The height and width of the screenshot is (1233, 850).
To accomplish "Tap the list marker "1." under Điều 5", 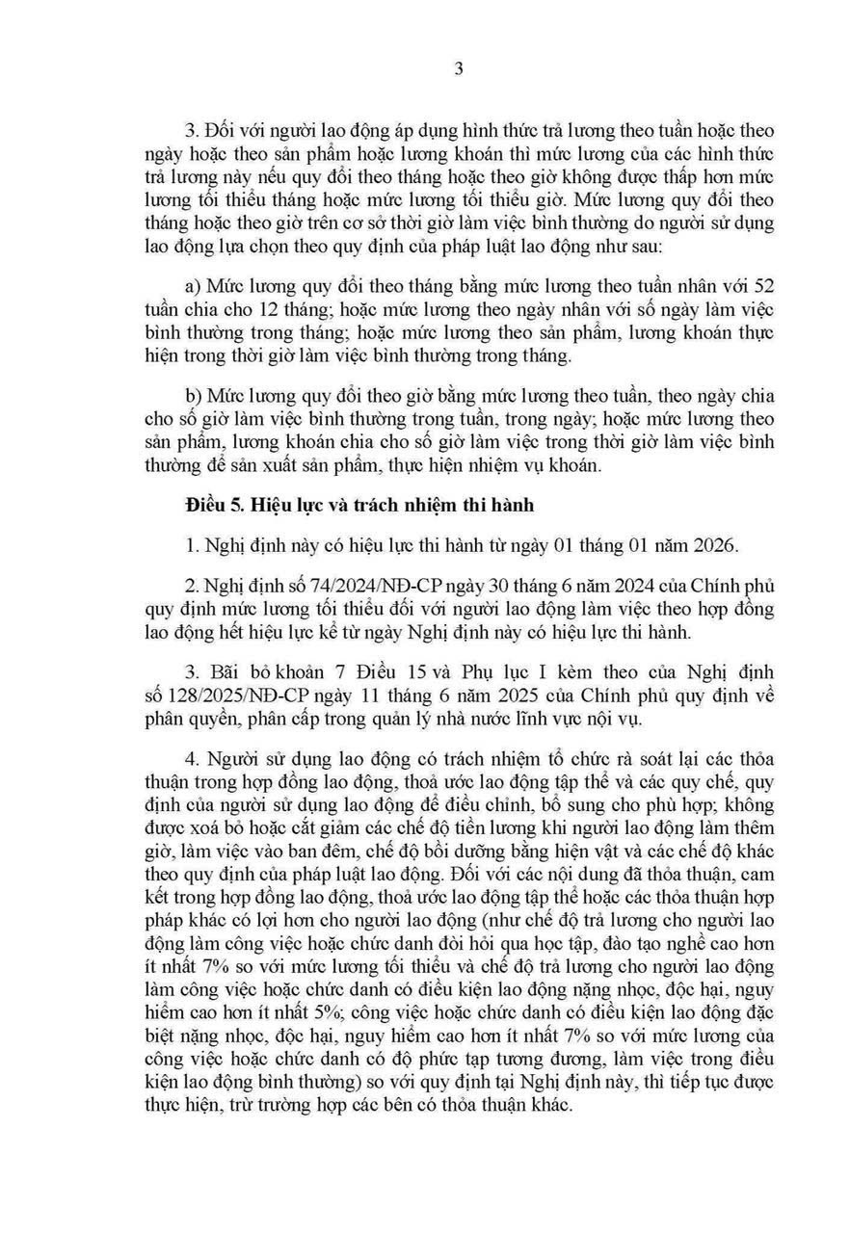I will [x=190, y=545].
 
